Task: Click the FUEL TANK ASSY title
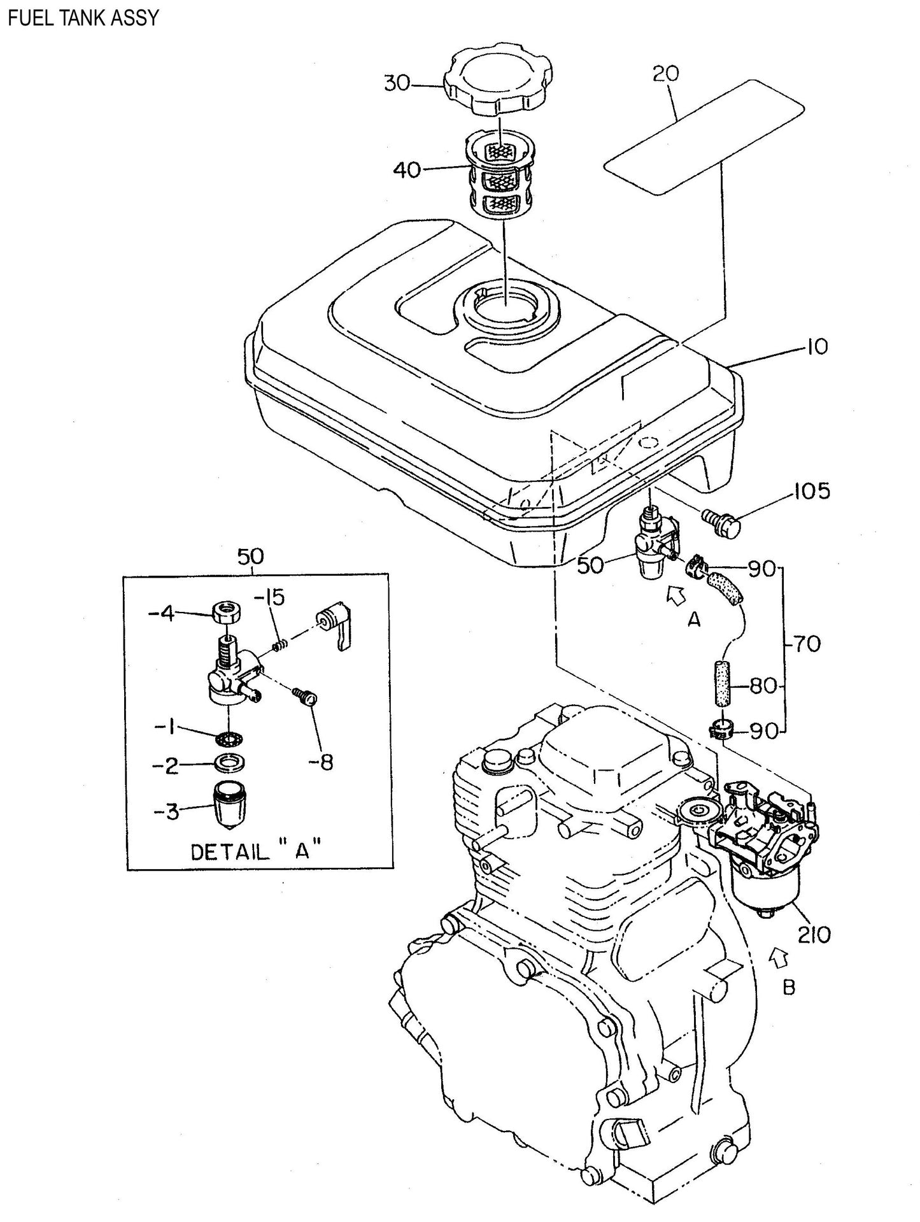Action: tap(82, 17)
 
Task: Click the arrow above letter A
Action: tap(676, 595)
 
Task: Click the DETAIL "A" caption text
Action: tap(255, 851)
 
